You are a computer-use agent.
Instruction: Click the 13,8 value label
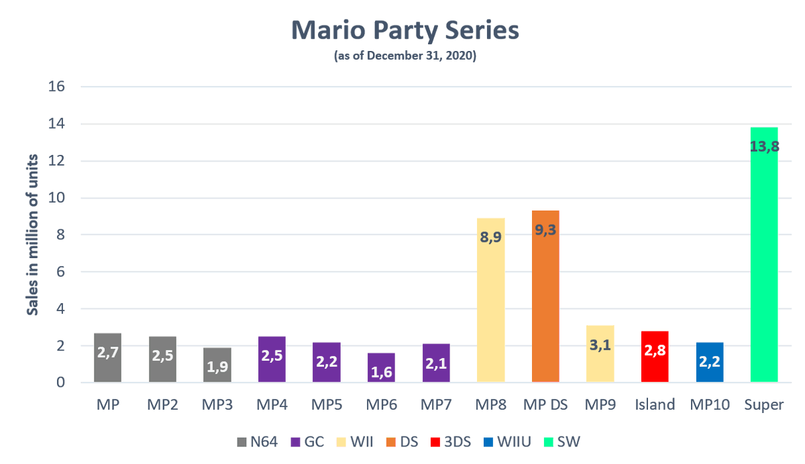[763, 146]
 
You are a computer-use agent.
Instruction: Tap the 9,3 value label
[545, 229]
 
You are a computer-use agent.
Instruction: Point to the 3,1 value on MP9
[600, 345]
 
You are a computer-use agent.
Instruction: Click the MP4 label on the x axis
[272, 406]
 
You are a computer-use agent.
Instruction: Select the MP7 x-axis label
[436, 406]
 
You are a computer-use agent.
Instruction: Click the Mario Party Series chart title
[405, 32]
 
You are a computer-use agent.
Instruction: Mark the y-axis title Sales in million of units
[32, 235]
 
